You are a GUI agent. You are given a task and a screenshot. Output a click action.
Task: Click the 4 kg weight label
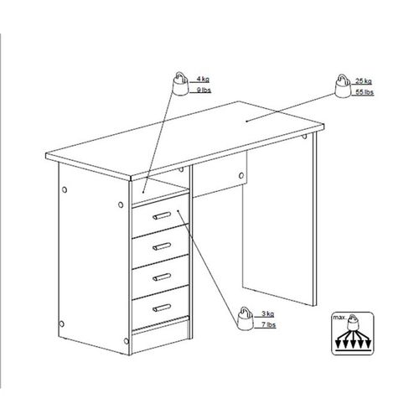coord(203,79)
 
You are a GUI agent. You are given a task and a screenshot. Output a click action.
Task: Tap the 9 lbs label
coord(204,90)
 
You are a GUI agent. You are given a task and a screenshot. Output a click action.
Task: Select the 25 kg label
coord(364,81)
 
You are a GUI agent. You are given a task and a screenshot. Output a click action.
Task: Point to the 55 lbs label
coord(365,92)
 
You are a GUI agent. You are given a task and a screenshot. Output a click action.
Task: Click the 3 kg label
coord(268,313)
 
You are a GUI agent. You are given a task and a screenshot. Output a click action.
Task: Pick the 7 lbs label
coord(269,324)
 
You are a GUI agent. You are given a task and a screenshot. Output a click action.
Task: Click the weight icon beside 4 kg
coord(181,84)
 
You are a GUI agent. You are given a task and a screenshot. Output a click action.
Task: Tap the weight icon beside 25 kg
coord(343,85)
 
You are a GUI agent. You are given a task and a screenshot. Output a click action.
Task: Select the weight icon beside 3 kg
coord(246,318)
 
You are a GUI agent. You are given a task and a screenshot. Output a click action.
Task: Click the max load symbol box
coord(353,334)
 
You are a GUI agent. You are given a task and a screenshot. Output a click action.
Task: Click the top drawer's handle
coord(162,215)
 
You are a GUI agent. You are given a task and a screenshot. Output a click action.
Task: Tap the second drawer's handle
coord(162,246)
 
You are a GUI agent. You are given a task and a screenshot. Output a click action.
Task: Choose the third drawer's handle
coord(162,277)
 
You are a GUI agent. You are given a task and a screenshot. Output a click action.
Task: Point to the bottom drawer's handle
coord(162,308)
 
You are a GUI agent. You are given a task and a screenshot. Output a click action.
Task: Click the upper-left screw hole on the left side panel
coord(65,190)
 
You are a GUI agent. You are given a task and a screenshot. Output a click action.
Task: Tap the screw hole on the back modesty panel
coord(241,176)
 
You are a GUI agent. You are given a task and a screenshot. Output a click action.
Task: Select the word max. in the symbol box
coord(339,318)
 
